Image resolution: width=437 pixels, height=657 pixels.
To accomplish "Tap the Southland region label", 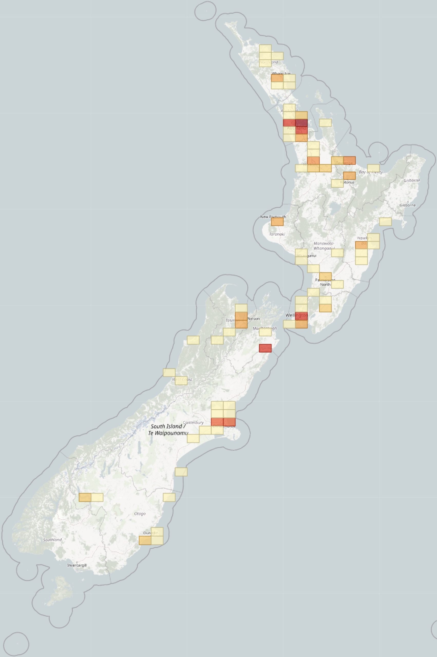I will (x=52, y=539).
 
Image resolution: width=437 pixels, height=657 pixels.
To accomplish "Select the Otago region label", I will (x=140, y=514).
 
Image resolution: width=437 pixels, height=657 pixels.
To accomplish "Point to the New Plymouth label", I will (x=273, y=217).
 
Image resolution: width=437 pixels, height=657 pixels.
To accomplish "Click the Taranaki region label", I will (x=277, y=234).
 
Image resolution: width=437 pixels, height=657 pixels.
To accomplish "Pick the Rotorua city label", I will (x=347, y=182).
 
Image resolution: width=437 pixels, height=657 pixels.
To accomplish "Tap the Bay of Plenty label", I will (x=371, y=172).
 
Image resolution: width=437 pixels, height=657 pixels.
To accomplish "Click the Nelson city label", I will (x=253, y=318).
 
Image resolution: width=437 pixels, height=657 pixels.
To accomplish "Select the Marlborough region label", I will (x=264, y=328).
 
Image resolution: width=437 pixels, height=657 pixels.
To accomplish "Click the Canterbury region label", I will (x=193, y=422).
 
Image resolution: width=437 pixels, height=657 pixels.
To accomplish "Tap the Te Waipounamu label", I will (x=168, y=433).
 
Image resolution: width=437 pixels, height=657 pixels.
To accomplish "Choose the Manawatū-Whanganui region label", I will (x=324, y=246).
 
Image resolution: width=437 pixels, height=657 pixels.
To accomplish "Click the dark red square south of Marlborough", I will (x=265, y=348).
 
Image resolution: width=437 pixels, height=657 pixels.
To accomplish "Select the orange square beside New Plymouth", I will (x=277, y=222).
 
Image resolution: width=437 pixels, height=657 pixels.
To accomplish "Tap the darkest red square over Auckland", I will (x=301, y=123).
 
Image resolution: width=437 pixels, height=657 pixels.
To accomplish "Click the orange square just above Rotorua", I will (x=349, y=176).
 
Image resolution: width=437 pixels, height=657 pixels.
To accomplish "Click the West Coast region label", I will (x=182, y=379).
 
